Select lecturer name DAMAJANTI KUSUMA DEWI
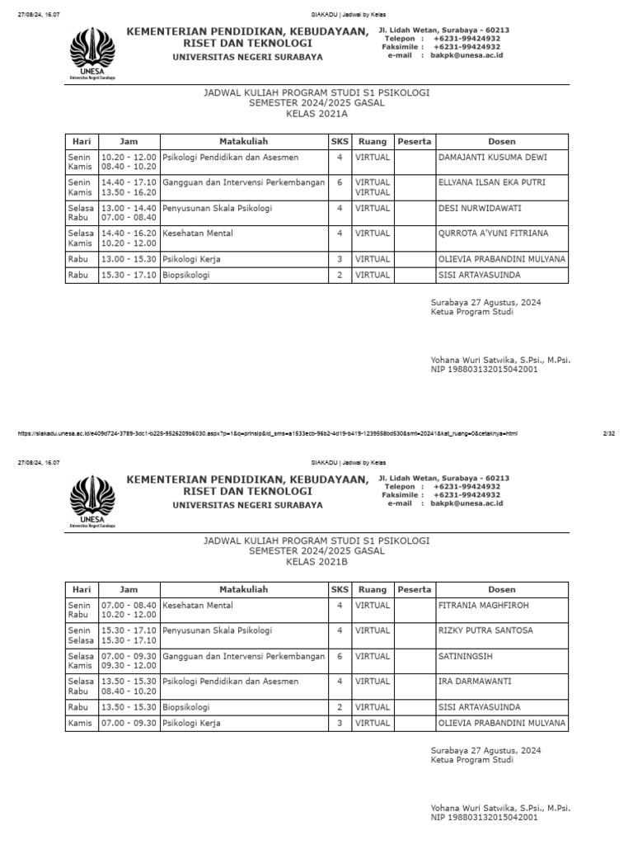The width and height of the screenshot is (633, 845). [491, 157]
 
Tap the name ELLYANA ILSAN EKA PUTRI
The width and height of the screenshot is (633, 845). [490, 182]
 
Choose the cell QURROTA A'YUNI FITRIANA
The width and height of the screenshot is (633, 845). [493, 234]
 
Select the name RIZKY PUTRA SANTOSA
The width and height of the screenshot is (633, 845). [485, 630]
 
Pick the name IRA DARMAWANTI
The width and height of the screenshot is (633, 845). [473, 682]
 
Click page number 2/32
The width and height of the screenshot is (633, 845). [610, 432]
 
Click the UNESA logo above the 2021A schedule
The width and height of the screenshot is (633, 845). [92, 52]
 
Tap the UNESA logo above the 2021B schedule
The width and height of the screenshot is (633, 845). [92, 500]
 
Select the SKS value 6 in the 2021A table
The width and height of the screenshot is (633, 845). [340, 182]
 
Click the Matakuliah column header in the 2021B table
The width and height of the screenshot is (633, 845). [243, 589]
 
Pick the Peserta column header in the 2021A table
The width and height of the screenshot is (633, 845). [414, 141]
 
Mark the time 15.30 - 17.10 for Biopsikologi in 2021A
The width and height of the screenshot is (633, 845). [129, 275]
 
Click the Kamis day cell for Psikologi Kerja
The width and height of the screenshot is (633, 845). [80, 724]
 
